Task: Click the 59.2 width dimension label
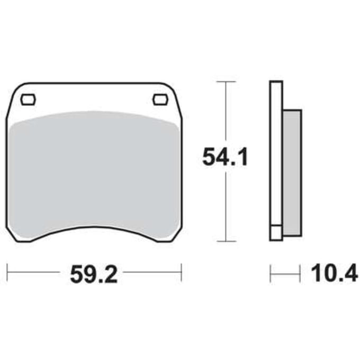(94, 274)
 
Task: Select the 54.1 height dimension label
(225, 157)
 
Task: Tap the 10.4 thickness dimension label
(334, 273)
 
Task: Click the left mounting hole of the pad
(28, 100)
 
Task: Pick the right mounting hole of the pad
(161, 100)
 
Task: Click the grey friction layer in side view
(292, 173)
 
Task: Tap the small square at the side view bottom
(276, 233)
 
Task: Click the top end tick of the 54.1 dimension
(226, 82)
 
